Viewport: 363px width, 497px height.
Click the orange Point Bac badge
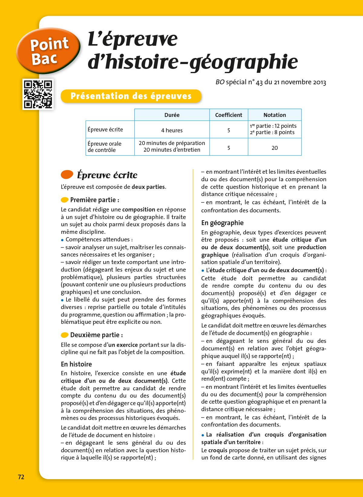pyautogui.click(x=48, y=51)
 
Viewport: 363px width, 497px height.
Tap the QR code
pyautogui.click(x=38, y=94)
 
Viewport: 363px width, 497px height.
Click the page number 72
pyautogui.click(x=21, y=477)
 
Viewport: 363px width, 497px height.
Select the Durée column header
pyautogui.click(x=172, y=115)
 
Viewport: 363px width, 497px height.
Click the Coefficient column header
pyautogui.click(x=228, y=115)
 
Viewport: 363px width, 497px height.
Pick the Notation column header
pyautogui.click(x=274, y=115)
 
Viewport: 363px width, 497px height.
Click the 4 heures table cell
pyautogui.click(x=172, y=130)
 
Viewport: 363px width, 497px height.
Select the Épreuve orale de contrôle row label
pyautogui.click(x=105, y=147)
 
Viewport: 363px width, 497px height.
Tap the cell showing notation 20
pyautogui.click(x=274, y=148)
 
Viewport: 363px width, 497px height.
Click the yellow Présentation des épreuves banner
pyautogui.click(x=131, y=96)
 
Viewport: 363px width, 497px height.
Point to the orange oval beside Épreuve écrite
pyautogui.click(x=67, y=174)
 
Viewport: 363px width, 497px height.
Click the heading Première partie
pyautogui.click(x=94, y=200)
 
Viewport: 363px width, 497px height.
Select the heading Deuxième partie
pyautogui.click(x=96, y=335)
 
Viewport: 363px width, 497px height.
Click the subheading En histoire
pyautogui.click(x=76, y=364)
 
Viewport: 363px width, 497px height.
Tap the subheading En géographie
pyautogui.click(x=222, y=223)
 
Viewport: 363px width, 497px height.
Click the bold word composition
pyautogui.click(x=139, y=209)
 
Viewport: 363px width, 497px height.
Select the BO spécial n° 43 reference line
pyautogui.click(x=271, y=82)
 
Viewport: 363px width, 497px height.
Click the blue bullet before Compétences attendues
pyautogui.click(x=62, y=240)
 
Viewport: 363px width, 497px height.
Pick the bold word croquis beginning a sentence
pyautogui.click(x=217, y=450)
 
